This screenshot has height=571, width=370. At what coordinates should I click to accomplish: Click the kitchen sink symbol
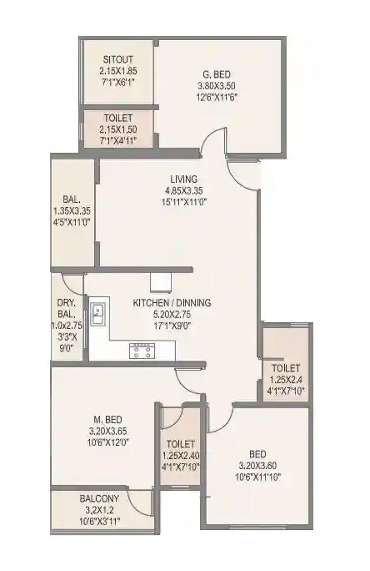[98, 315]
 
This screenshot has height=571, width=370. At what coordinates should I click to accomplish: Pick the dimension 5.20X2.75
[172, 316]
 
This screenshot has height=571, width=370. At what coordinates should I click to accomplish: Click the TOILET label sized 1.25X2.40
[181, 444]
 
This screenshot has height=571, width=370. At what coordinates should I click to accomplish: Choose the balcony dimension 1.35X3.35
[71, 211]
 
